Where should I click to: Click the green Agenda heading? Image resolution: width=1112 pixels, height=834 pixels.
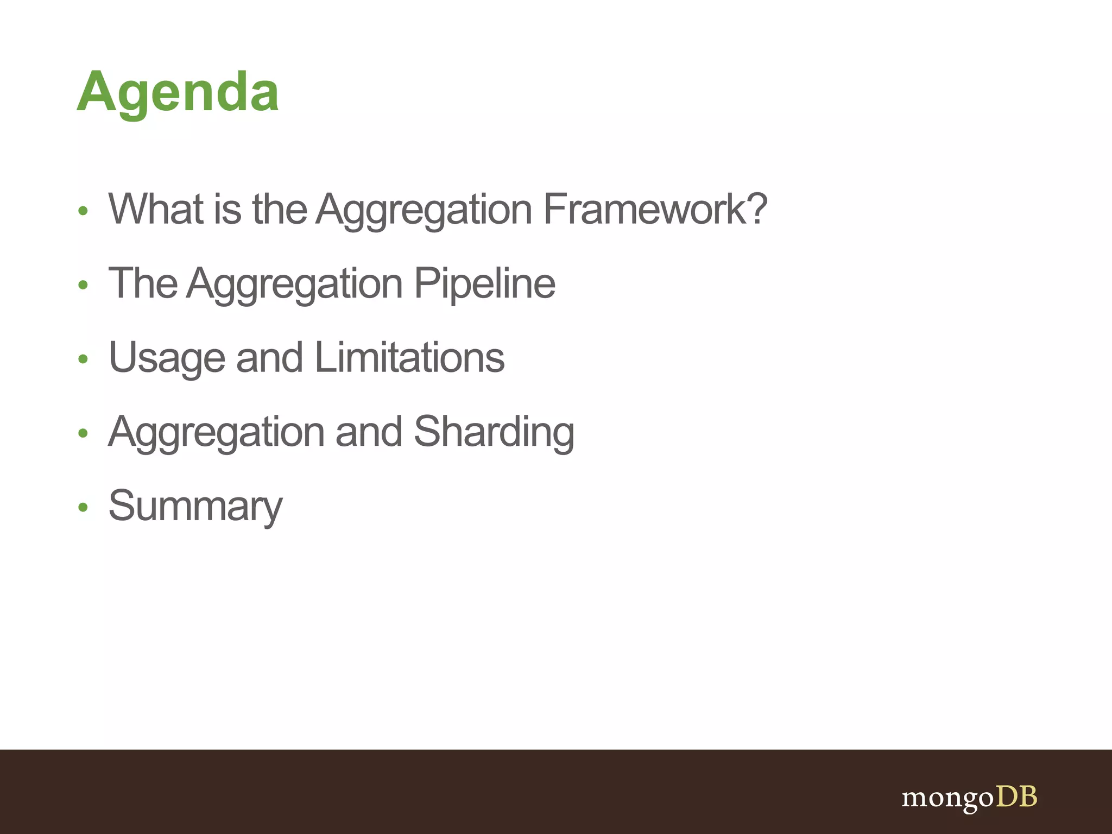click(x=178, y=92)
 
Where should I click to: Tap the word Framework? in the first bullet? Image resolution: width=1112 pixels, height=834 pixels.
click(x=655, y=209)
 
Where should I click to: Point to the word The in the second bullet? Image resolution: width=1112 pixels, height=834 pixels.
click(x=143, y=283)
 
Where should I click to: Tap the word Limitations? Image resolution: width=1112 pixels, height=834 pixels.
click(x=409, y=358)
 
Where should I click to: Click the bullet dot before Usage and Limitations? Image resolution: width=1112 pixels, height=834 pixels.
click(x=83, y=359)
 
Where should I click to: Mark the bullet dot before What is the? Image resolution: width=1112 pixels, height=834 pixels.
click(x=83, y=211)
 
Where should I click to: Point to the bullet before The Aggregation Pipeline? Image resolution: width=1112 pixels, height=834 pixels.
click(x=83, y=285)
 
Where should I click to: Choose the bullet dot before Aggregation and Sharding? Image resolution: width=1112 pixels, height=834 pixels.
click(x=83, y=433)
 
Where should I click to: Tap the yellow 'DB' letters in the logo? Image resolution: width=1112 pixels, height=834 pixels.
click(x=1016, y=797)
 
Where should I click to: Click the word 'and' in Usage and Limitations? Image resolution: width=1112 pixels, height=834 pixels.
click(x=269, y=358)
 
